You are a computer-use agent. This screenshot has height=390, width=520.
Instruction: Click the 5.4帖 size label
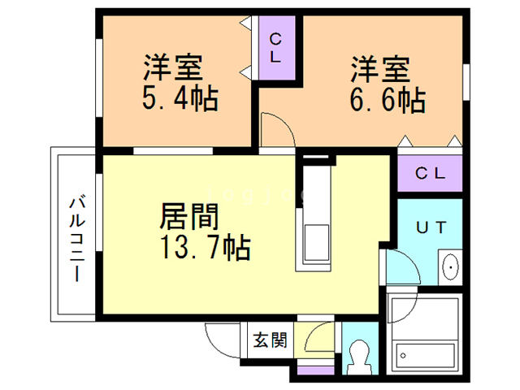click(174, 100)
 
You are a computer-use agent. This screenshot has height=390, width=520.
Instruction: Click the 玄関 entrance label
click(268, 340)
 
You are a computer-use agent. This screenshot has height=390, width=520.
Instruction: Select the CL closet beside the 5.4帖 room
click(276, 49)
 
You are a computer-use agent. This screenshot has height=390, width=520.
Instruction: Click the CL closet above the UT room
click(430, 173)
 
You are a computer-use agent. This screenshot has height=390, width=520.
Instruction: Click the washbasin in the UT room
click(450, 266)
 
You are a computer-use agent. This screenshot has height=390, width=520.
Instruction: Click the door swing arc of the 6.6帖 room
click(275, 130)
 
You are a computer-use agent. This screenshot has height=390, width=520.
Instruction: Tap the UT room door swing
click(398, 268)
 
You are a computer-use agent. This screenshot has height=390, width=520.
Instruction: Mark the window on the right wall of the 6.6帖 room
click(467, 81)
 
